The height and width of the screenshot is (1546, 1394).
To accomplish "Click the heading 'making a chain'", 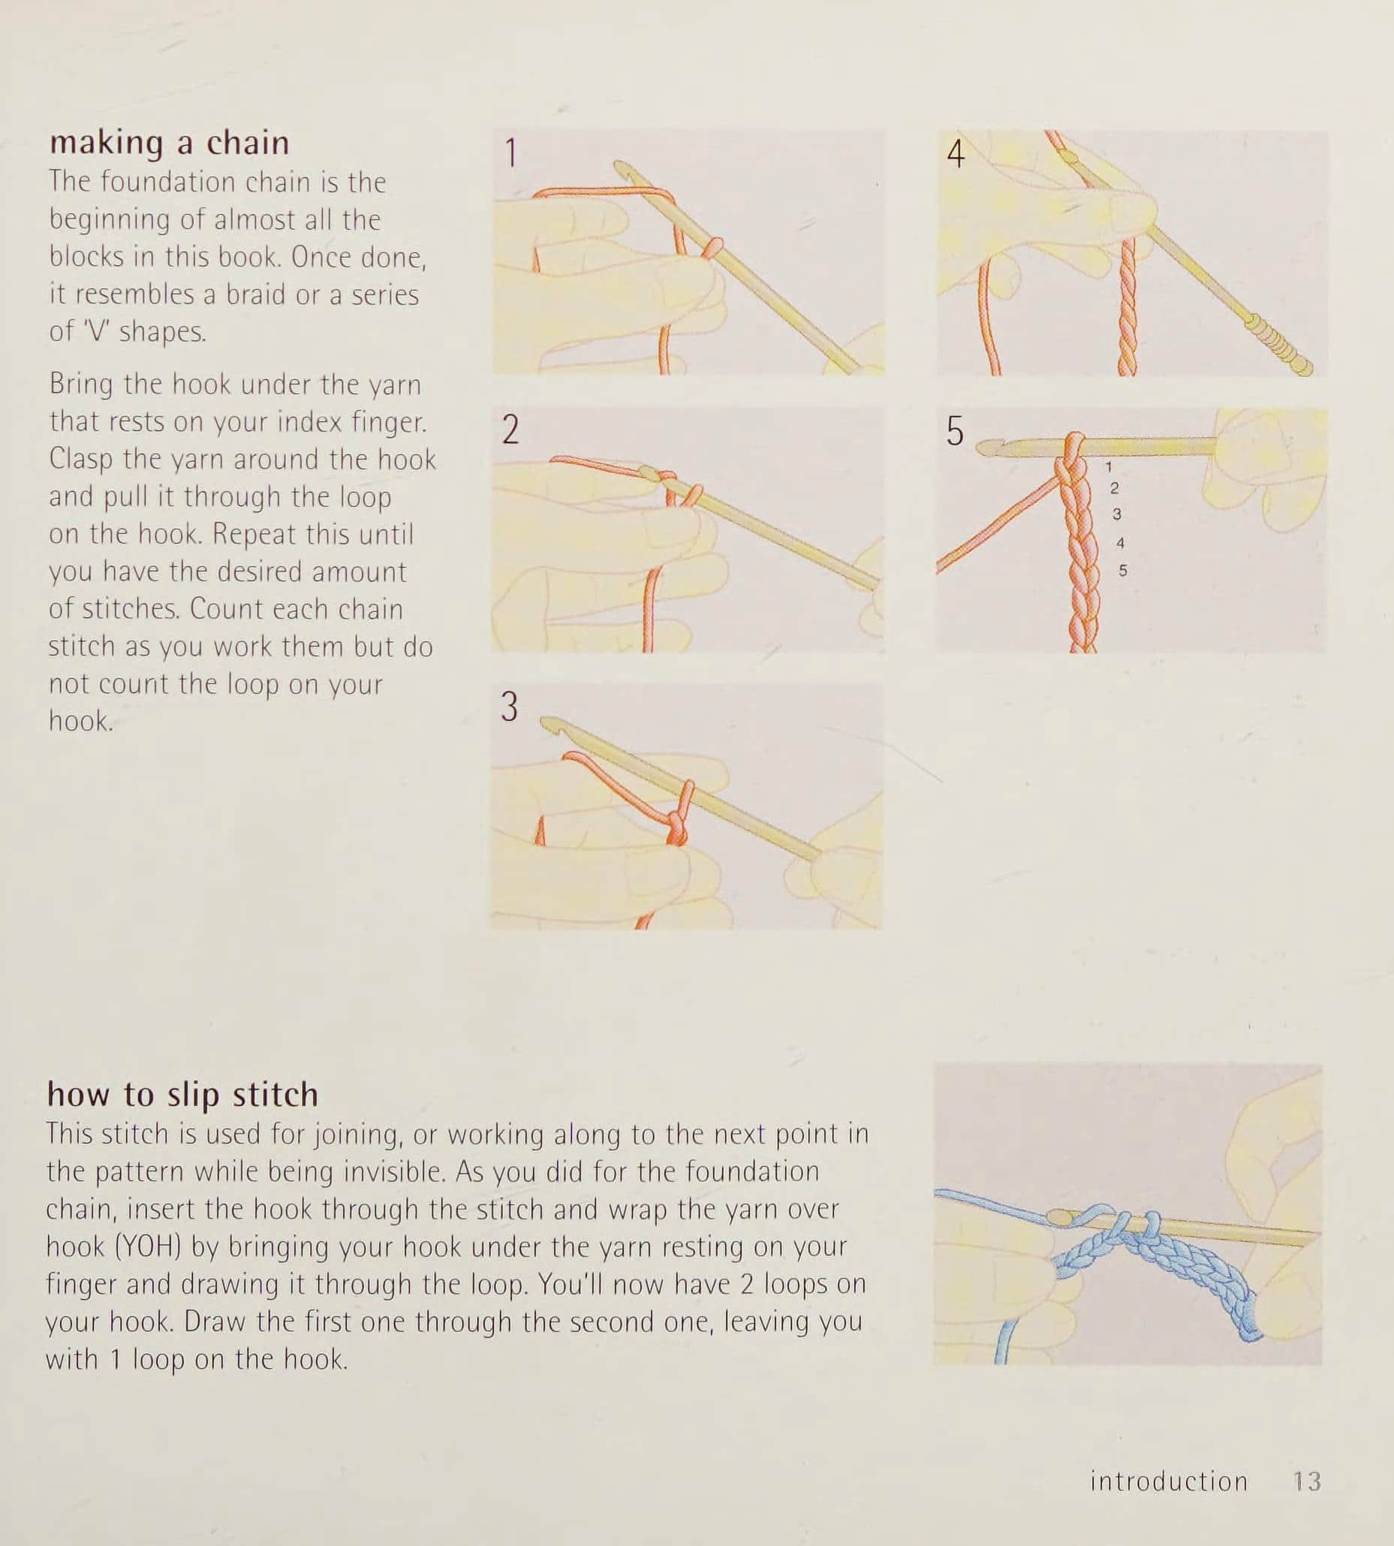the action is pos(169,143).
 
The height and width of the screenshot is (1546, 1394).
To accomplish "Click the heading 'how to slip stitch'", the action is pos(182,1095).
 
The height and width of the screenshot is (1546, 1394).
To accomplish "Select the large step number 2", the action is pos(511,429).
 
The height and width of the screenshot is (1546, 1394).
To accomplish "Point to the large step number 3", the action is pos(510,707).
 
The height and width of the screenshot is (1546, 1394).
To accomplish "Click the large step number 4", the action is pos(955,153).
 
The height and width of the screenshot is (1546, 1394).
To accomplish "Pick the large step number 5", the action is pos(954,431).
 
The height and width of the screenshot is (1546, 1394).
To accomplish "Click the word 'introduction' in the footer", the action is pos(1169,1481).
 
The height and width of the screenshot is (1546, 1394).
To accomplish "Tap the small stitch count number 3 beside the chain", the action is pos(1117,514).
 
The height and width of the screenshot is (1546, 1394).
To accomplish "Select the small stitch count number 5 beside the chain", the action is pos(1123,571).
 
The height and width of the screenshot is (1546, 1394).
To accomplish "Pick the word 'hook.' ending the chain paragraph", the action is pos(81,721).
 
